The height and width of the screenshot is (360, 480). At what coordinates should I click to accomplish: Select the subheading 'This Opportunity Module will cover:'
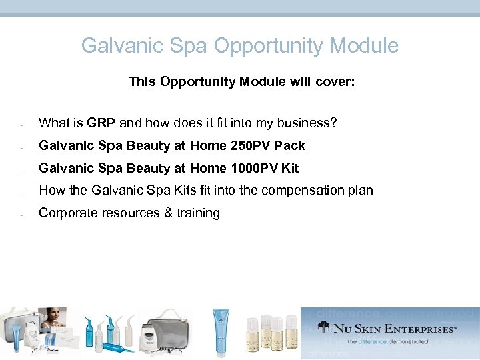(x=241, y=82)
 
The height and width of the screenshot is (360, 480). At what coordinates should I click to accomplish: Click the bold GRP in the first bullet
(x=101, y=123)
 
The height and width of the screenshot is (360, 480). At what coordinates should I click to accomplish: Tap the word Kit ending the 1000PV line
(x=290, y=169)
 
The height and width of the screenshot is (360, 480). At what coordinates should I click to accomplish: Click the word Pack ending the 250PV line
(x=289, y=146)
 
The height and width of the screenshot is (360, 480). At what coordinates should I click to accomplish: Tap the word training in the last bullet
(x=194, y=213)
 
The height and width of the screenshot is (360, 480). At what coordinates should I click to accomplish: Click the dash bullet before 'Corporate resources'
(x=22, y=215)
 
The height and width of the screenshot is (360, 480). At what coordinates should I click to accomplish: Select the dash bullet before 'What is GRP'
(x=22, y=125)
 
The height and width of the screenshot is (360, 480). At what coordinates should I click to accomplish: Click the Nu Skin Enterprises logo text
(x=396, y=329)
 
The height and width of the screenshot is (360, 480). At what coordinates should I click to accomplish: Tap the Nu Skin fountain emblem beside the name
(x=324, y=327)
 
